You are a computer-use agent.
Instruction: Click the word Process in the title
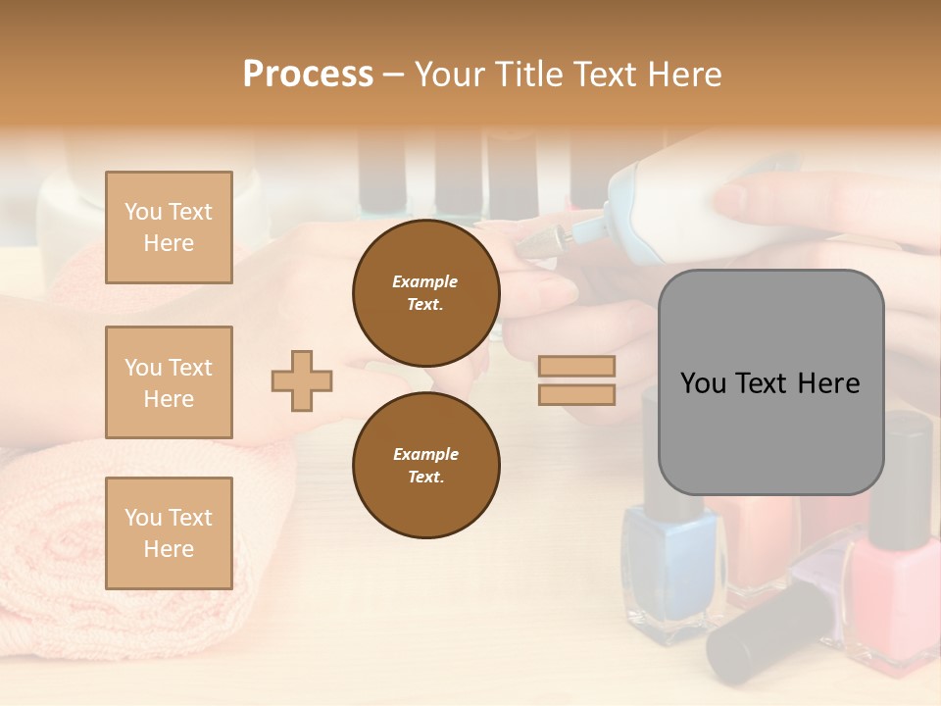tap(308, 75)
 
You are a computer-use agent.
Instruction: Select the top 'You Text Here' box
tap(169, 227)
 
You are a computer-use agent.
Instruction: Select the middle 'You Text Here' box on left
tap(169, 382)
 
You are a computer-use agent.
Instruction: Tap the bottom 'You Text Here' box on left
tap(169, 532)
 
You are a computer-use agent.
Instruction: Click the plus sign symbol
tap(302, 380)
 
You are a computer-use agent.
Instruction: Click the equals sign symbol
tap(576, 380)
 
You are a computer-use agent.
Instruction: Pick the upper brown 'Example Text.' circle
tap(425, 293)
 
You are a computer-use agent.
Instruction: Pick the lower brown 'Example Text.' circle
tap(425, 465)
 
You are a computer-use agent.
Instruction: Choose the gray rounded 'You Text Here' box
tap(770, 382)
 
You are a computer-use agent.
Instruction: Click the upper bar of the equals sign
tap(576, 367)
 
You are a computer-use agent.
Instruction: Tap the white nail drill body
tap(676, 211)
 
